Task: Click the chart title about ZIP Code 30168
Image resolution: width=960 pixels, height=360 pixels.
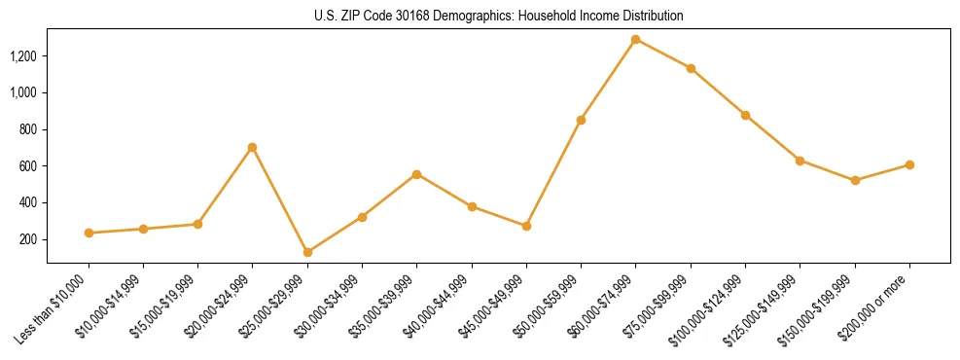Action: point(499,16)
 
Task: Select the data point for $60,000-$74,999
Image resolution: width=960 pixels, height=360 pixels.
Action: point(635,40)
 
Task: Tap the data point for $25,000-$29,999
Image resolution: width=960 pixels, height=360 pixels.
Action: point(307,252)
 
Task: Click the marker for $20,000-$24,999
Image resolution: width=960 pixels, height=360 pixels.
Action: point(253,147)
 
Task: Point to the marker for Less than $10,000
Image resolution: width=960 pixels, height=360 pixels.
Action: point(89,233)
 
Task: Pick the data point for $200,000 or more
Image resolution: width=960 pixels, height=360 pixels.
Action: point(909,164)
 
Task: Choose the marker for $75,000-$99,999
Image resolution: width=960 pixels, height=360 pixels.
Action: point(691,68)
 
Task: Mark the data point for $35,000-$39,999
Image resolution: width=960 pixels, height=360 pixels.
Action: point(416,174)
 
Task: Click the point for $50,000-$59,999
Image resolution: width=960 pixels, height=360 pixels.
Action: point(581,120)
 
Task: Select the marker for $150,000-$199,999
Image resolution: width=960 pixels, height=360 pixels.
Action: point(855,180)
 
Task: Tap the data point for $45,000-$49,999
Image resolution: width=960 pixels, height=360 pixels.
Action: point(526,226)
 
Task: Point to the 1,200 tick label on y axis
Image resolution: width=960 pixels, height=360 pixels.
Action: point(23,56)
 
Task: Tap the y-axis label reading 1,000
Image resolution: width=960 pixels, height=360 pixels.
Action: point(23,92)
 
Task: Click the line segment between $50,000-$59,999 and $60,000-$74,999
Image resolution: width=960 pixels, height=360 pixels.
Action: point(608,80)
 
